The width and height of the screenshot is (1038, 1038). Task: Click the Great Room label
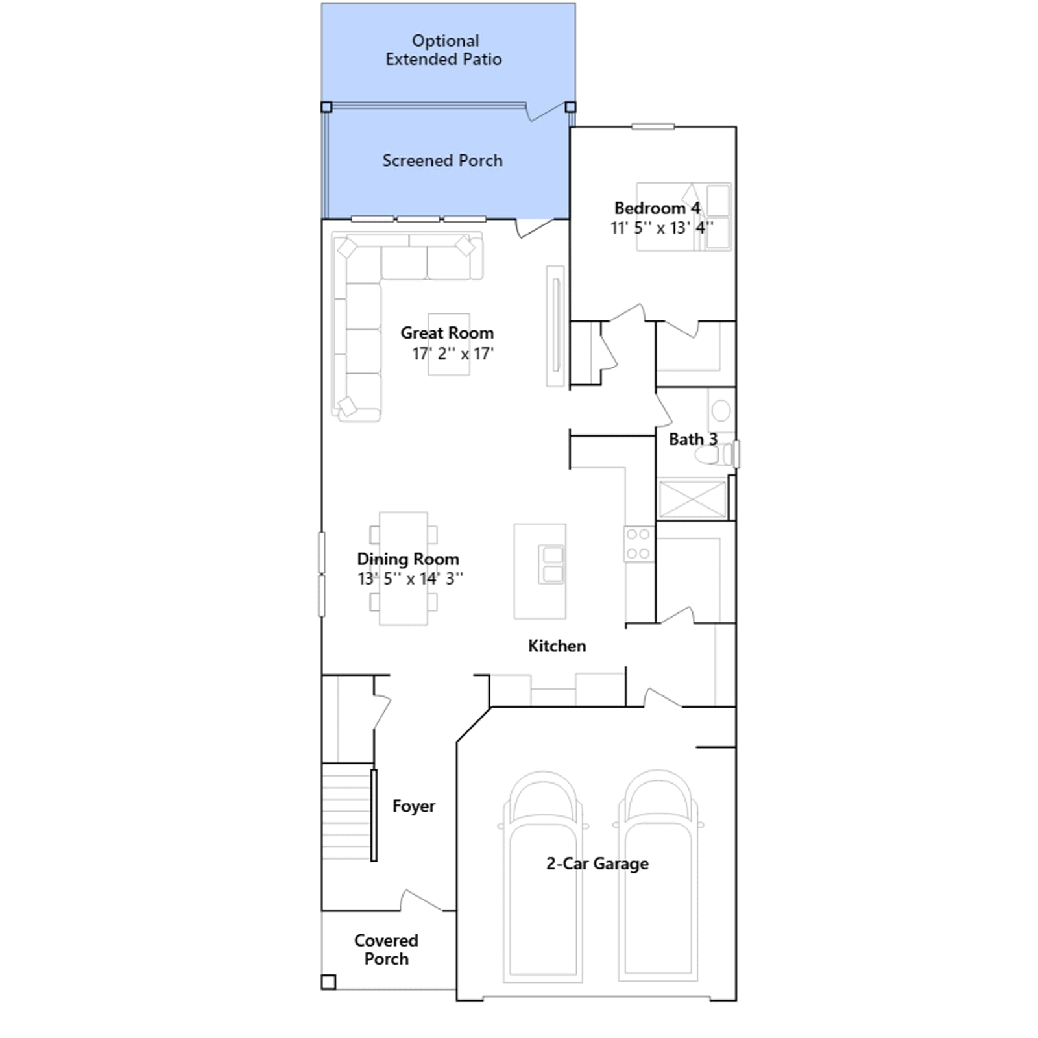447,333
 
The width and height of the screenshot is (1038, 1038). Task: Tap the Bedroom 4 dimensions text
661,228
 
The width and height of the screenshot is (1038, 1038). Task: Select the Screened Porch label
442,160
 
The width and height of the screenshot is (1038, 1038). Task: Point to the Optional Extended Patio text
444,50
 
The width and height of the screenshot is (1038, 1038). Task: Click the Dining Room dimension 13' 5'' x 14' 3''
410,578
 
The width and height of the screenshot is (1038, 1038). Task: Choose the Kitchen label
557,646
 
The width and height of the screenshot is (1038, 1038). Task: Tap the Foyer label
414,806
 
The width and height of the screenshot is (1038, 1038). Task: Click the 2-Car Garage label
597,863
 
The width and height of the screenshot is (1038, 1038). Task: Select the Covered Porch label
386,949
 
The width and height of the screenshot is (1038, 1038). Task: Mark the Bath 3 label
693,439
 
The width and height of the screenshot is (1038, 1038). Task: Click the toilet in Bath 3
714,454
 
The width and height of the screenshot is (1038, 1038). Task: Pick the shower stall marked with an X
692,499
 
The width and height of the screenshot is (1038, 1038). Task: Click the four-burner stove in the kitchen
638,544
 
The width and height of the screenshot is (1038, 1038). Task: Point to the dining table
404,568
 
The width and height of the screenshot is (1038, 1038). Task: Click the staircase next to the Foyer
348,812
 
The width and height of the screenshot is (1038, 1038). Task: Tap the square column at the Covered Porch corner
329,982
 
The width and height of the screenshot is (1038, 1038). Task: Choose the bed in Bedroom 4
684,217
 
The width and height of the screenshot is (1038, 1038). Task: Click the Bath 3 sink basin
721,410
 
